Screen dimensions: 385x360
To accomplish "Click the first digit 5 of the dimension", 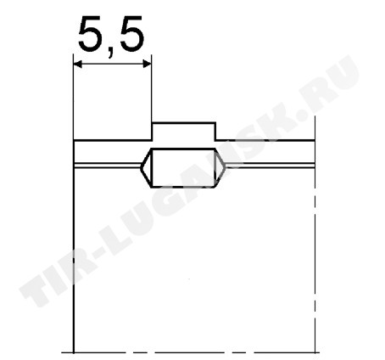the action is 92,34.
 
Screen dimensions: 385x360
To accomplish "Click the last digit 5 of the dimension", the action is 131,34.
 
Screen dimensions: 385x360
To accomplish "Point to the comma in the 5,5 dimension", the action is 111,52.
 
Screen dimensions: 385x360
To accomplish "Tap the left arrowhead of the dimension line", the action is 78,65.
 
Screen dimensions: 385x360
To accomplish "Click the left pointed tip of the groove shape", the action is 141,167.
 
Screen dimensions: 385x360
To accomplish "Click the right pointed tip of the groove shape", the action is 225,167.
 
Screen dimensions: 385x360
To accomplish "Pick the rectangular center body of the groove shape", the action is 184,167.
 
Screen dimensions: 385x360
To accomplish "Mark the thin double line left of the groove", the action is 107,166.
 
